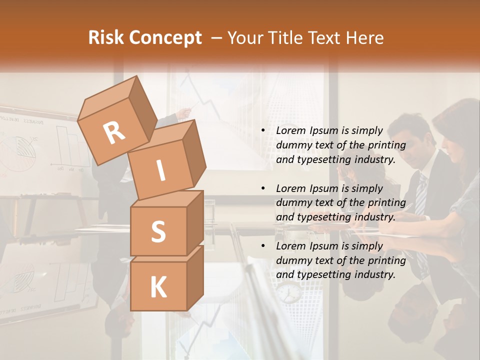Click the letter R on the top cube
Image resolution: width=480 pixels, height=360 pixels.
tap(114, 132)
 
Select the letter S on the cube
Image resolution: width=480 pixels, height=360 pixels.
tap(158, 231)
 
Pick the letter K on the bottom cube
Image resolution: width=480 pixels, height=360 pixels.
tap(158, 287)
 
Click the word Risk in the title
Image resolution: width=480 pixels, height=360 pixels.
tap(106, 38)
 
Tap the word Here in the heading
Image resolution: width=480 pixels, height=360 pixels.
tap(364, 38)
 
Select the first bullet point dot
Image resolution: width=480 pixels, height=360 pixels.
tap(263, 131)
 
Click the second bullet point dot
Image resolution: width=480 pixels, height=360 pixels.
tap(263, 188)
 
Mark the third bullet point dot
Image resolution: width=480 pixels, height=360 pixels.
tap(263, 246)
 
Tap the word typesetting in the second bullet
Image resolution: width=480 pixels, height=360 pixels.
tap(321, 217)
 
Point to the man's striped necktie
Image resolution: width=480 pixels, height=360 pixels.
tap(421, 195)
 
